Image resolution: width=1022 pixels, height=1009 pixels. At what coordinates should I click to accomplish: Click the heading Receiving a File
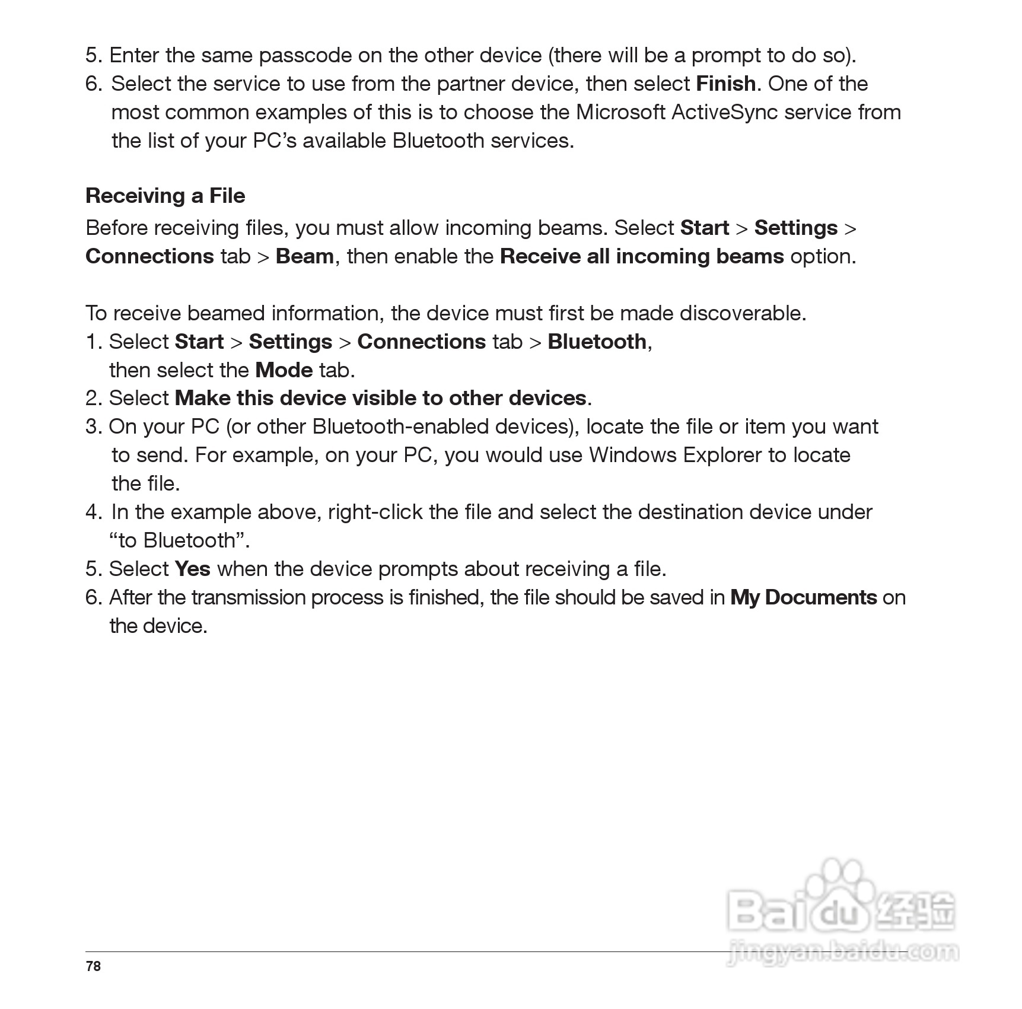165,196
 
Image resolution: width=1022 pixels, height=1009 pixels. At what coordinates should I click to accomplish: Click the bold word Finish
725,84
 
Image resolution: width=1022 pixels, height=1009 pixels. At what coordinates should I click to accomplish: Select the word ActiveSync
724,112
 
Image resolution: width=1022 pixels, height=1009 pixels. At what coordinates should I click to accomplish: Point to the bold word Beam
305,256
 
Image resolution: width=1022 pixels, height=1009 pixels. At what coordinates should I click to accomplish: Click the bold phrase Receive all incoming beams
642,256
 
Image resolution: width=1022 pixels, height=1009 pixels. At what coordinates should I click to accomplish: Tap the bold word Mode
284,370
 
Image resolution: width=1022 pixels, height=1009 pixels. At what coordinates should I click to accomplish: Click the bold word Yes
193,569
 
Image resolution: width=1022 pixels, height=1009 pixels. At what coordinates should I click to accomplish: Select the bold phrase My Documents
803,597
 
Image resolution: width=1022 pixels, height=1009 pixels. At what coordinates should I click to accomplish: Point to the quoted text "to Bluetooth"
177,540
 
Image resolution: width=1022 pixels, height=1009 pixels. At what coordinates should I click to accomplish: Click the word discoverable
741,313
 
